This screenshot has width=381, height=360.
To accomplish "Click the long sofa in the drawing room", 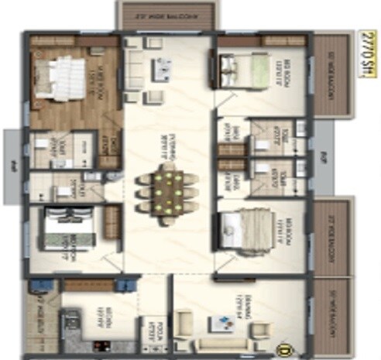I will (225, 343).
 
